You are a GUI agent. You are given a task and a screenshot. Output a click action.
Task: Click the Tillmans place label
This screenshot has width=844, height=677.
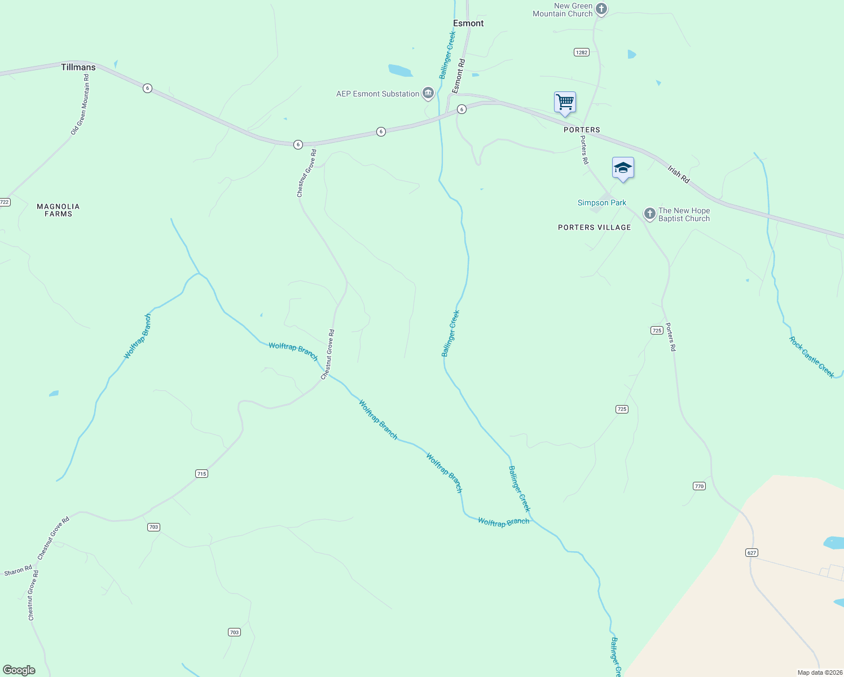coord(78,67)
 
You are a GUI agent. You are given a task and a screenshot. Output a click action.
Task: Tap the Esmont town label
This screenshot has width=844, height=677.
coord(468,23)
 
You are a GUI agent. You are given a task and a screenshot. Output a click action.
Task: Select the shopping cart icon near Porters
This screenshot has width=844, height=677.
coord(565,102)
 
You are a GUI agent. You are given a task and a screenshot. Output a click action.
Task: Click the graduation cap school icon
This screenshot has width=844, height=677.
coord(623,168)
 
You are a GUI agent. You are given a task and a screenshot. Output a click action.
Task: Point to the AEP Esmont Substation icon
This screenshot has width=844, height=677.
coord(428,93)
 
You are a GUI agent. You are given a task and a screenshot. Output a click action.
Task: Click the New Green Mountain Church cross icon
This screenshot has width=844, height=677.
coord(601,8)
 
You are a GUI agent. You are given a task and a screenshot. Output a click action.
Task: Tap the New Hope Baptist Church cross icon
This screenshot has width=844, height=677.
coord(650,213)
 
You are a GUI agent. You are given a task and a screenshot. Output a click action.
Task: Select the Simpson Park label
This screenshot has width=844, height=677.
coord(601,203)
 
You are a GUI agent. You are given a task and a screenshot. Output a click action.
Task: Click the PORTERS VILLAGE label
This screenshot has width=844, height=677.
coord(594,227)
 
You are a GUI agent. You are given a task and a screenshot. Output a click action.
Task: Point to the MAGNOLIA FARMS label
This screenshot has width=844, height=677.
coord(58,210)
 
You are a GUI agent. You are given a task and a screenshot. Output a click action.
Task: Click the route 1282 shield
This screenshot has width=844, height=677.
coord(581,52)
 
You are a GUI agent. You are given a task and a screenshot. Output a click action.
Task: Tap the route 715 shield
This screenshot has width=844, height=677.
coord(202,473)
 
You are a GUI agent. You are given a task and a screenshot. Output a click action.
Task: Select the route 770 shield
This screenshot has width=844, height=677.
coord(699,486)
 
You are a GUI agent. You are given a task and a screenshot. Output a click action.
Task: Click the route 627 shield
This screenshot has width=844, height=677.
coord(751,552)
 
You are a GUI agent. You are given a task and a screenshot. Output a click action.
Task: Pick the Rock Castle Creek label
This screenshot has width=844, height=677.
coord(811,357)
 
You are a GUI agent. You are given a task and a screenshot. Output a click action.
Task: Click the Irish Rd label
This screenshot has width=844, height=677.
coord(679,174)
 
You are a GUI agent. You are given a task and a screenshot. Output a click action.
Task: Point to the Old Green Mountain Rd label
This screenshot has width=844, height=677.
coord(80,105)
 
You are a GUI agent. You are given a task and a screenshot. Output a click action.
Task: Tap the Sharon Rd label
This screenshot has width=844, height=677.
coord(18,571)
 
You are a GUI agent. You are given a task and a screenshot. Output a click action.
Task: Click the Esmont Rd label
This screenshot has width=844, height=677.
coord(459,76)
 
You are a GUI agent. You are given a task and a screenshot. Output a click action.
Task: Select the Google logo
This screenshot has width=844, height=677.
coord(19,670)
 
